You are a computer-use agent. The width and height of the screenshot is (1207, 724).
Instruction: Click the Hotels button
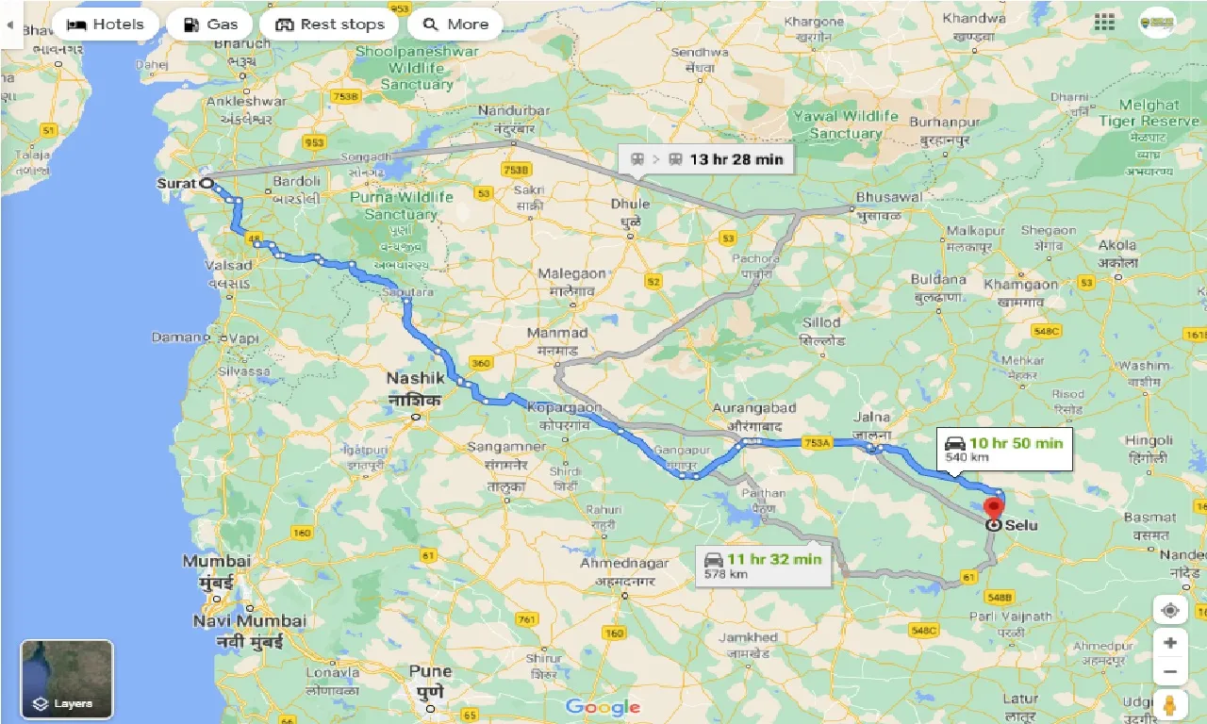[105, 25]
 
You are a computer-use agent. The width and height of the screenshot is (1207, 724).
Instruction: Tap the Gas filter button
[208, 25]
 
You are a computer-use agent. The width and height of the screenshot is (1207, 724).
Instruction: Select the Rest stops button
[329, 25]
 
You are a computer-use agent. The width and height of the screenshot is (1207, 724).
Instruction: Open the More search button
[455, 25]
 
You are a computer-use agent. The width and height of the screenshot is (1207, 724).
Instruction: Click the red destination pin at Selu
[993, 509]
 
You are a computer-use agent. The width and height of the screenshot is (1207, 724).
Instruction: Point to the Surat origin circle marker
[206, 184]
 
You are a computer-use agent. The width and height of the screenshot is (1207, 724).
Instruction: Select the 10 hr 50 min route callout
[1004, 449]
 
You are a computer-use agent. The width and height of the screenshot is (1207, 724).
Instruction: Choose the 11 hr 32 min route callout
[764, 565]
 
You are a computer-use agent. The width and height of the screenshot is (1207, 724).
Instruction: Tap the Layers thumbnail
[67, 678]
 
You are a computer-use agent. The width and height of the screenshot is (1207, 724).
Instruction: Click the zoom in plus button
[1169, 643]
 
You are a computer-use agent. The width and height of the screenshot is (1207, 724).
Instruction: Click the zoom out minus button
[1169, 672]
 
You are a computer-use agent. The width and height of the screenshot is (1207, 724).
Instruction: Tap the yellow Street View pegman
[1169, 704]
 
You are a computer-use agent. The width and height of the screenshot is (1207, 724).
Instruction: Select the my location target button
[1169, 610]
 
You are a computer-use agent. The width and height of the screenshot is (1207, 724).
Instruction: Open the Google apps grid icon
[1104, 22]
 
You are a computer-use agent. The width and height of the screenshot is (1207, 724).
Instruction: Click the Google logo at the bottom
[603, 706]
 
